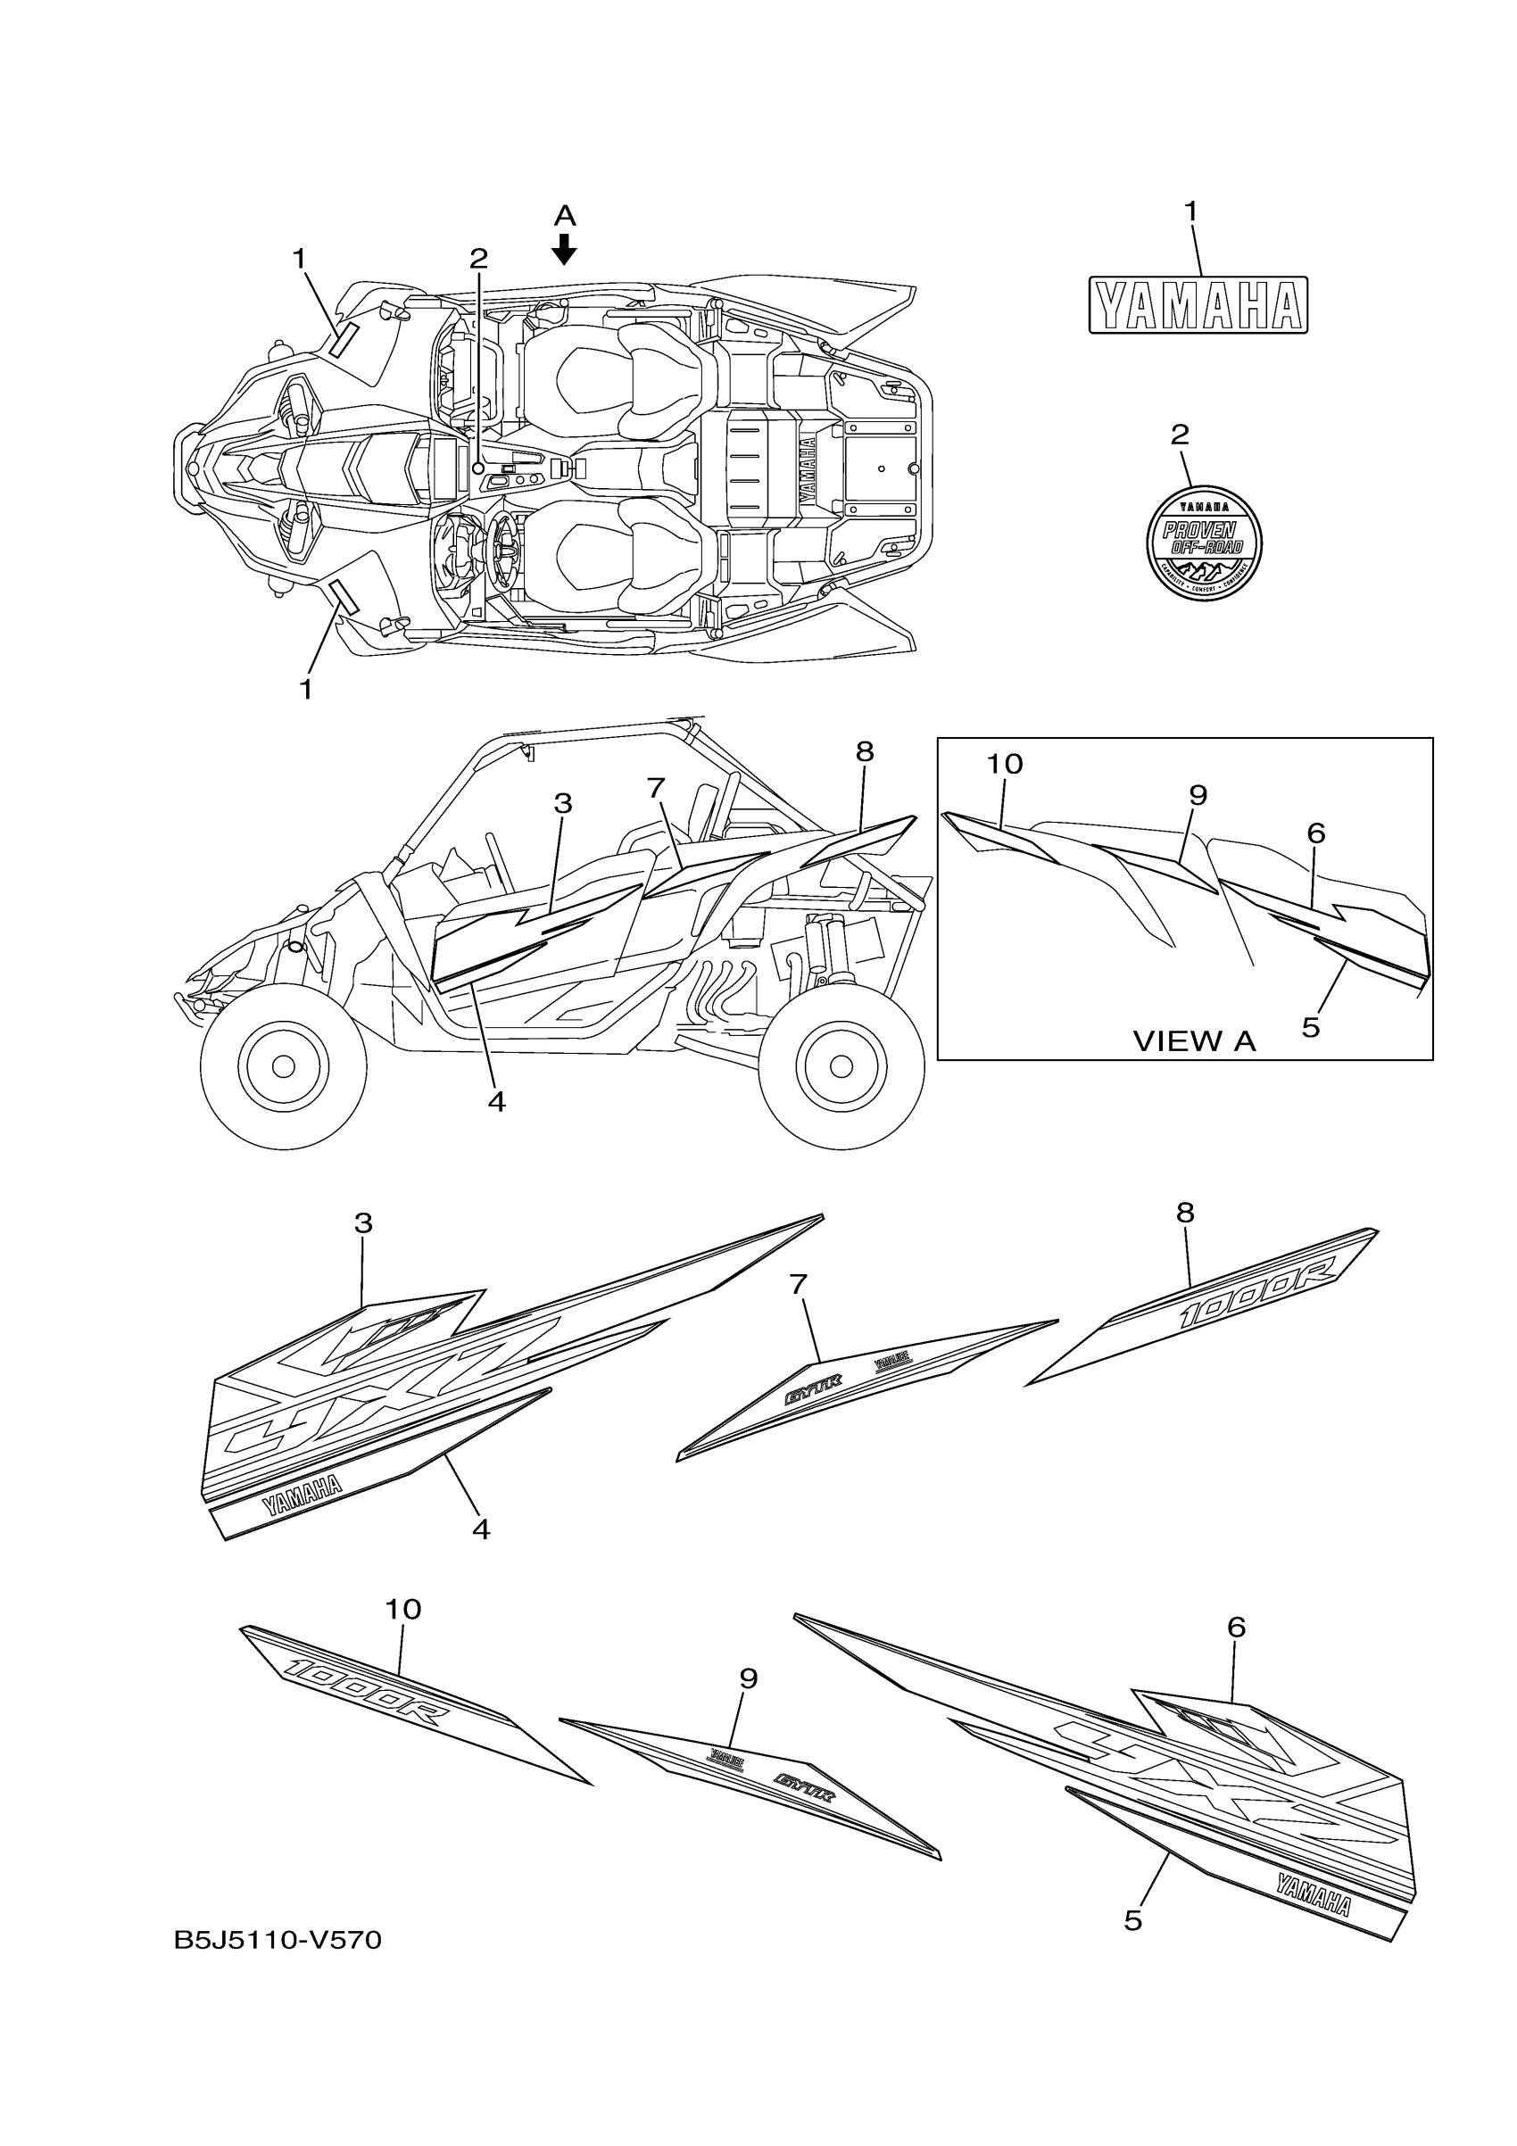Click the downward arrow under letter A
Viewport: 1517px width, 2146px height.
565,249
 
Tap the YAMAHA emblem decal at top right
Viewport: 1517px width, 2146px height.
1198,304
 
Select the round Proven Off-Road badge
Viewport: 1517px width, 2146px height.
1204,543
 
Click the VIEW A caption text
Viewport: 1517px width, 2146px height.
1194,1041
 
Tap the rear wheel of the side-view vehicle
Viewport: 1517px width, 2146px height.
841,1065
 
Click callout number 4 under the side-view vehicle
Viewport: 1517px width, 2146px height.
496,1103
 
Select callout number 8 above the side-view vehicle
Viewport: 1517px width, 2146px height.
864,751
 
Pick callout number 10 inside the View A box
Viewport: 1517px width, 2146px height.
1005,765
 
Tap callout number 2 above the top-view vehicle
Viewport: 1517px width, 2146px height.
478,258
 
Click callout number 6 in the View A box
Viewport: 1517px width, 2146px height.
1316,833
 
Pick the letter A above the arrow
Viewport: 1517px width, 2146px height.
565,217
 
